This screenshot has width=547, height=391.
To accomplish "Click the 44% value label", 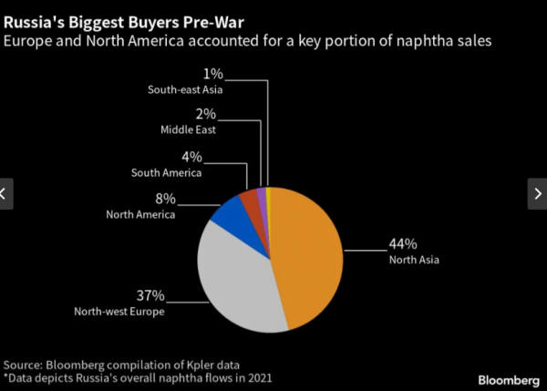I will click(402, 244).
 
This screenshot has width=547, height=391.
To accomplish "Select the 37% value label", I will click(150, 296).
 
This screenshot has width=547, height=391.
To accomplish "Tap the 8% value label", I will click(165, 199).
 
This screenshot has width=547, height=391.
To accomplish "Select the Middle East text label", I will click(189, 130).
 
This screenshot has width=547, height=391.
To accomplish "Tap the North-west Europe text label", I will click(119, 313).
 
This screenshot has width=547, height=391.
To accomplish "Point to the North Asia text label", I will click(413, 261).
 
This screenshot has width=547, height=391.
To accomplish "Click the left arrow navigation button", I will click(6, 193).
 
